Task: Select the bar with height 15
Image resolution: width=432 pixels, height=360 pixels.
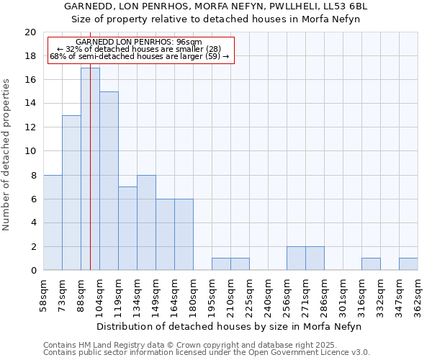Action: tap(109, 181)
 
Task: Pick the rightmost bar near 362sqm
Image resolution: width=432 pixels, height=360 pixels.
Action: tap(408, 264)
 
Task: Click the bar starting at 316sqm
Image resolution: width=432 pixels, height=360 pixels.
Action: tap(371, 264)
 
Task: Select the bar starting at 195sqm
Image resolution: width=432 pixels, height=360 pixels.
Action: tap(221, 264)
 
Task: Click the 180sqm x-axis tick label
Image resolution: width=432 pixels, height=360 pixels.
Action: tap(193, 296)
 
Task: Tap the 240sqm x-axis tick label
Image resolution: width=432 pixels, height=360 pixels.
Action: tap(268, 296)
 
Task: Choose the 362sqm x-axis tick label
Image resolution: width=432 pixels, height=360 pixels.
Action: tap(418, 296)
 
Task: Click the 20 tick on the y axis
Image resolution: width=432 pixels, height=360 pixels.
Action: tap(30, 32)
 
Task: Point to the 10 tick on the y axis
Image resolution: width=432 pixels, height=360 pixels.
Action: tap(30, 151)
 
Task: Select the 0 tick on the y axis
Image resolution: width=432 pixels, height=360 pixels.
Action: tap(32, 271)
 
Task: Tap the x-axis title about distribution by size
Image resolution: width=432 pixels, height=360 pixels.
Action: tap(230, 326)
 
